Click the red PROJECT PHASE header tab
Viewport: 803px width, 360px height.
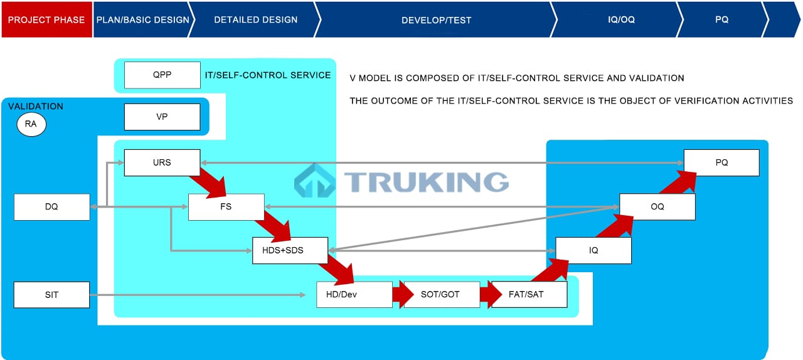pyautogui.click(x=46, y=19)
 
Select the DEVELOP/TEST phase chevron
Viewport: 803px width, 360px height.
pyautogui.click(x=436, y=19)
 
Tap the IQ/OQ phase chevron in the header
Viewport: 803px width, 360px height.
pyautogui.click(x=621, y=19)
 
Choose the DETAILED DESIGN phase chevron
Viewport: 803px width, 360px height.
pyautogui.click(x=255, y=19)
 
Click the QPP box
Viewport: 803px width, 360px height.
pyautogui.click(x=162, y=75)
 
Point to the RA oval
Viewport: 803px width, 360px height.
pyautogui.click(x=31, y=124)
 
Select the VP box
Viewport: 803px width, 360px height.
pyautogui.click(x=162, y=117)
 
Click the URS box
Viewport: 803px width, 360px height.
pyautogui.click(x=162, y=162)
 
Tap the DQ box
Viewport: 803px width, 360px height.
pyautogui.click(x=51, y=207)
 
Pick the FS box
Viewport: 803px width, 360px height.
pyautogui.click(x=226, y=207)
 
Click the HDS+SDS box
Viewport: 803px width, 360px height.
pyautogui.click(x=290, y=251)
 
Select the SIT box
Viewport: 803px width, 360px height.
pyautogui.click(x=51, y=295)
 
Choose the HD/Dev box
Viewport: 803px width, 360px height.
pyautogui.click(x=354, y=295)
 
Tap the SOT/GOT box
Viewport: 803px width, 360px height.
pyautogui.click(x=440, y=295)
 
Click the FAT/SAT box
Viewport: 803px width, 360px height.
pyautogui.click(x=528, y=294)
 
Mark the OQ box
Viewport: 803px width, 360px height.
pyautogui.click(x=657, y=207)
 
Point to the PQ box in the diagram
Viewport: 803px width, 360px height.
pyautogui.click(x=721, y=162)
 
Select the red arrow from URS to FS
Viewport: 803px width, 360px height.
pyautogui.click(x=211, y=181)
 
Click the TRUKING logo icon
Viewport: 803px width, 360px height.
pyautogui.click(x=316, y=180)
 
